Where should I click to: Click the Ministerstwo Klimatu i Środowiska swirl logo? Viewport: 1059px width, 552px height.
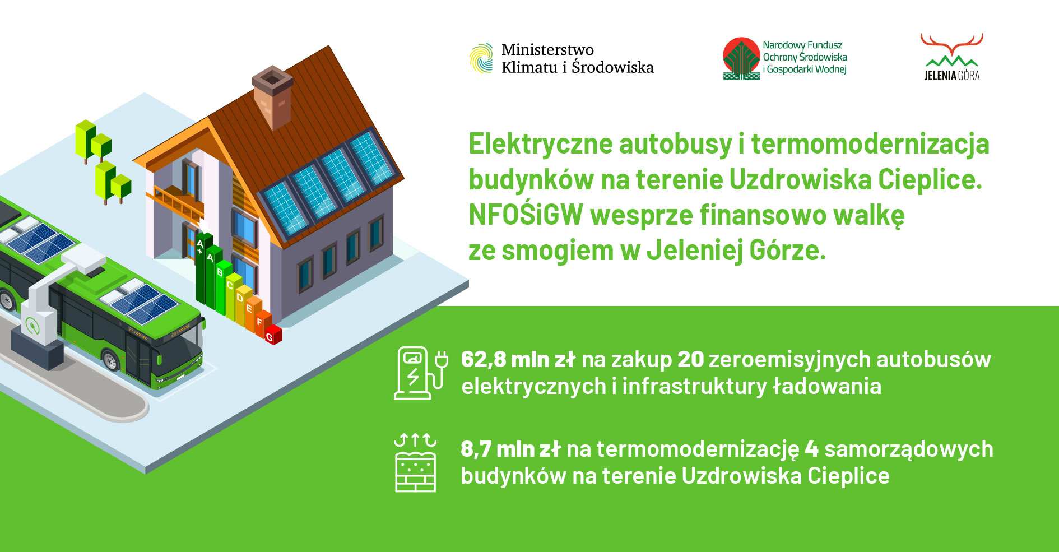pyautogui.click(x=481, y=58)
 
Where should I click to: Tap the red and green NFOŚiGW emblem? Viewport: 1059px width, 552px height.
pyautogui.click(x=741, y=58)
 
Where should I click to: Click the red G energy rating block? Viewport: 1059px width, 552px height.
pyautogui.click(x=273, y=335)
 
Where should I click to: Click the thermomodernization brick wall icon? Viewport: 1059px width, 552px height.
pyautogui.click(x=415, y=463)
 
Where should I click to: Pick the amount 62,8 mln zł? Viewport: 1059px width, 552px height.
pyautogui.click(x=518, y=360)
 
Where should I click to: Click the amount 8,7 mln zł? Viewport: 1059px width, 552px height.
pyautogui.click(x=510, y=449)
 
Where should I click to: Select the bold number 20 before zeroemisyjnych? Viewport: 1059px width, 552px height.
pyautogui.click(x=690, y=360)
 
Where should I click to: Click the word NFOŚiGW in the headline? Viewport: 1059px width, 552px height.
pyautogui.click(x=526, y=215)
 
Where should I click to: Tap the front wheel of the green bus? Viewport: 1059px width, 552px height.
pyautogui.click(x=110, y=360)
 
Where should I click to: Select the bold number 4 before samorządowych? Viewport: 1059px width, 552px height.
pyautogui.click(x=811, y=449)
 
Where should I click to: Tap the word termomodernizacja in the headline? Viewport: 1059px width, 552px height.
pyautogui.click(x=870, y=144)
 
